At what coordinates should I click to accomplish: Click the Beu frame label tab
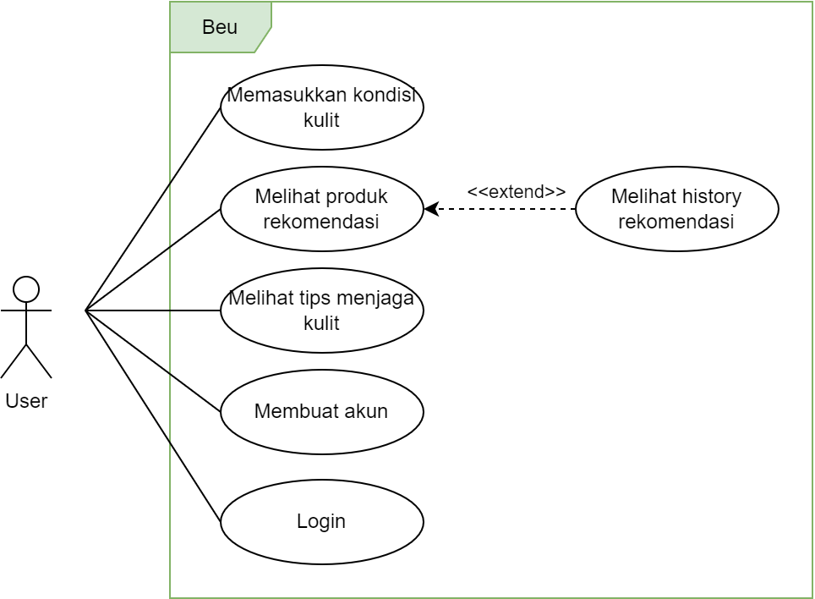coord(220,27)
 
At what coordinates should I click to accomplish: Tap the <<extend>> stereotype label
coord(516,192)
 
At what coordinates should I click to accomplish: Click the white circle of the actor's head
coord(26,289)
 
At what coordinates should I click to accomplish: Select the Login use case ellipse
coord(321,521)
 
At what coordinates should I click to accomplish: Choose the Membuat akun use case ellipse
coord(321,412)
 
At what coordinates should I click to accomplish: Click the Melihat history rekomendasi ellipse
coord(676,210)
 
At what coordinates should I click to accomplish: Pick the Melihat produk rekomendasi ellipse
coord(321,210)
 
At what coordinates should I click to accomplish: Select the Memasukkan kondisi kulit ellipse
coord(321,107)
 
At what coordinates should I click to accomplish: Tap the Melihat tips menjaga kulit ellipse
coord(321,310)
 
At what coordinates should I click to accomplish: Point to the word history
coord(712,197)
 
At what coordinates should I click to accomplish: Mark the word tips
coord(319,298)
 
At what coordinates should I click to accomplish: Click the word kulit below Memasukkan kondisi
coord(321,120)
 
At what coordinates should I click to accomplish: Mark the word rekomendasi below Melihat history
coord(676,223)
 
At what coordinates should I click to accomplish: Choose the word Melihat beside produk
coord(286,197)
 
